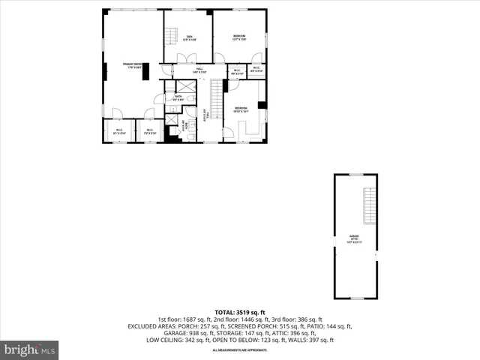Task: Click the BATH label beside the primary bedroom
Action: [x=178, y=97]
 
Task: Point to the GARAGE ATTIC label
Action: [x=354, y=241]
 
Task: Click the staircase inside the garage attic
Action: [x=369, y=205]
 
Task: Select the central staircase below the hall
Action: [x=216, y=100]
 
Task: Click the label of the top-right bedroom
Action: [x=239, y=37]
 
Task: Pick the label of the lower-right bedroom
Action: [x=240, y=109]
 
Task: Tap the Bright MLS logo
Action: [x=30, y=349]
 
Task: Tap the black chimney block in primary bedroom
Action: [x=145, y=70]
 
